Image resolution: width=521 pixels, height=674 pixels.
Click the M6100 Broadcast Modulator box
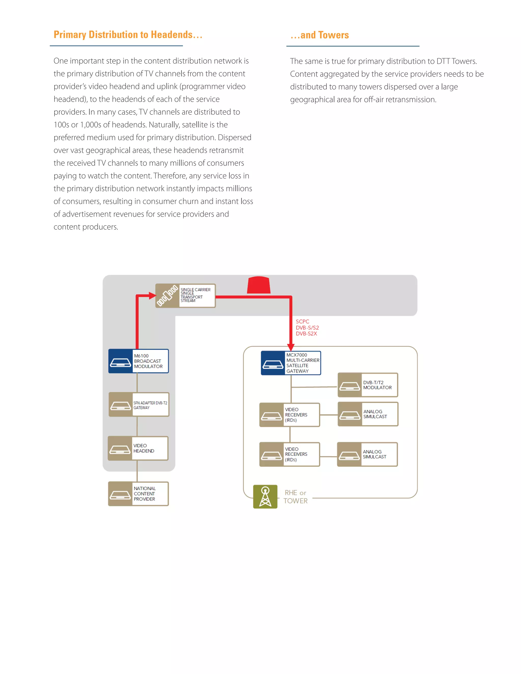click(x=138, y=361)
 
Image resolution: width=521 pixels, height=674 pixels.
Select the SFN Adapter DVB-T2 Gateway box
click(x=139, y=405)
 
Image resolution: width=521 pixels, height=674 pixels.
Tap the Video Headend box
click(x=138, y=448)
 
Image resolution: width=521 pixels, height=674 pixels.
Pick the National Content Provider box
click(x=138, y=493)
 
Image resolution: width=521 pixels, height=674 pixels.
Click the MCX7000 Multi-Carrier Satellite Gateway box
click(x=291, y=363)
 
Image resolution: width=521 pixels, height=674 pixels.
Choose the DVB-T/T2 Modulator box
click(x=368, y=385)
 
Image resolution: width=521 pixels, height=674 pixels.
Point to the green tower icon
click(x=265, y=496)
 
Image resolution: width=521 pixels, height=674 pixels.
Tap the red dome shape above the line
click(x=259, y=285)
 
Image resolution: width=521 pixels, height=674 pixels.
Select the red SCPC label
click(x=302, y=321)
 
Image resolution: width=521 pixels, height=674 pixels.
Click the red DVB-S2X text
click(x=306, y=334)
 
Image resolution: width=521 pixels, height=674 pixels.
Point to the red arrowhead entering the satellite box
click(x=152, y=296)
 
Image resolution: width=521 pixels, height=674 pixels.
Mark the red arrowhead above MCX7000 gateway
click(x=291, y=347)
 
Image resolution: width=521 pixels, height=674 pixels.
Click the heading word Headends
click(x=172, y=35)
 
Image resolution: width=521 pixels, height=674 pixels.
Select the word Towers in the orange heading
click(x=333, y=35)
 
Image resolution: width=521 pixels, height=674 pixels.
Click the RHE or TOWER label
click(x=295, y=496)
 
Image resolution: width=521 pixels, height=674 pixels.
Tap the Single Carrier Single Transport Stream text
click(x=195, y=295)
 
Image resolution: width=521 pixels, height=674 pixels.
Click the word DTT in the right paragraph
click(x=443, y=61)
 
